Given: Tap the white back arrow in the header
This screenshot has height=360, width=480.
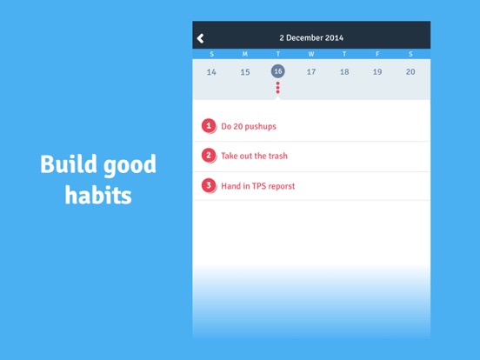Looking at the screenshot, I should click(201, 38).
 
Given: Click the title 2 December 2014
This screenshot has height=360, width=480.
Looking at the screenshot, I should click(311, 38).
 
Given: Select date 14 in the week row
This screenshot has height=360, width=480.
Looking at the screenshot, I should click(211, 72).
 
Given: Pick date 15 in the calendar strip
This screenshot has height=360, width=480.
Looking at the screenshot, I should click(245, 72).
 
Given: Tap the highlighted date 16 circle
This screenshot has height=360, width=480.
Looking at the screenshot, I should click(278, 71).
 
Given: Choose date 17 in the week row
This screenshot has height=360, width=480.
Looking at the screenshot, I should click(311, 72).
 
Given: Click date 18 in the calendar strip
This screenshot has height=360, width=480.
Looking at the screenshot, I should click(344, 72).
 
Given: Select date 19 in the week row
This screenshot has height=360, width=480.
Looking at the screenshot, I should click(377, 72).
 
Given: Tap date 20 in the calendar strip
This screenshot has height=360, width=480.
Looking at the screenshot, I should click(410, 72).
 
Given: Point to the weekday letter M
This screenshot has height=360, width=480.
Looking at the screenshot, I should click(245, 55).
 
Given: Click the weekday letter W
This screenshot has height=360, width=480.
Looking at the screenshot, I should click(311, 55).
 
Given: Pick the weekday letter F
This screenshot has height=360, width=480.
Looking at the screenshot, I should click(377, 55).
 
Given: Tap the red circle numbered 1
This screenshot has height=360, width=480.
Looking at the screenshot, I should click(209, 126).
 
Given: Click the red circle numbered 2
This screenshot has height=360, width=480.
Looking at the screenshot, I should click(209, 156).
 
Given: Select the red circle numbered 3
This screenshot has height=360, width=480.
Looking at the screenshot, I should click(209, 185).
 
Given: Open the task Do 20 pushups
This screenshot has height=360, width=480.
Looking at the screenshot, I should click(249, 127).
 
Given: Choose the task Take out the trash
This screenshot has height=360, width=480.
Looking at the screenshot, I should click(254, 157).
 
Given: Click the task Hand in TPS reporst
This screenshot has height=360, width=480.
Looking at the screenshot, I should click(257, 186).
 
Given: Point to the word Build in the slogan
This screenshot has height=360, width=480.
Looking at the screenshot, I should click(68, 164).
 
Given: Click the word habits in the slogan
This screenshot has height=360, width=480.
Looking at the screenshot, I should click(98, 195).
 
